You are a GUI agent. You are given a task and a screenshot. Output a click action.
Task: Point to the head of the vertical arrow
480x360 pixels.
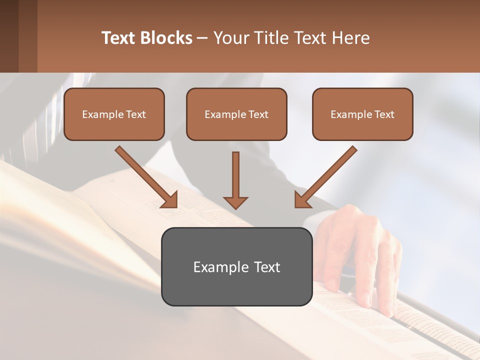click(x=235, y=202)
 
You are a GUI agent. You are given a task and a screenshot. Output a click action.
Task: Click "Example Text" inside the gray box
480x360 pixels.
click(x=236, y=267)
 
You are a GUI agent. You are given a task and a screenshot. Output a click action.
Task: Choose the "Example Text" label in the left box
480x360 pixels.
click(x=114, y=114)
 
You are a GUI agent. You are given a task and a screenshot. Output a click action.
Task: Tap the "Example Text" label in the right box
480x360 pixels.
click(x=362, y=114)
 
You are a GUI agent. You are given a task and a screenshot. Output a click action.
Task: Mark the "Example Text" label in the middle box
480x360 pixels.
click(x=236, y=114)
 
